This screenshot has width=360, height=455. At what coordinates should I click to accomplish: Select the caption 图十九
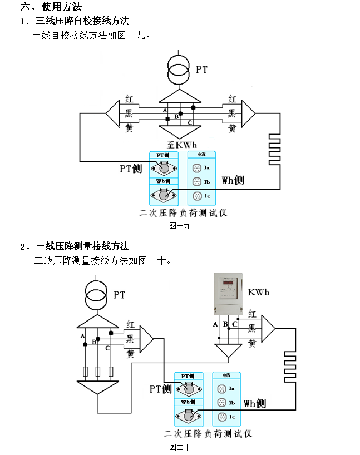tap(179, 226)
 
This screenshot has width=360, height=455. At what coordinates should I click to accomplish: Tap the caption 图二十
tap(180, 447)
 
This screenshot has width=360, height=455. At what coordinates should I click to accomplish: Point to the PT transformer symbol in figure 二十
tap(98, 295)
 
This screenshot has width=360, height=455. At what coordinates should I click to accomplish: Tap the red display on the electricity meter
tap(228, 285)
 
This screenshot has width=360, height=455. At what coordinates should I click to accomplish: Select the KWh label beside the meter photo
tap(259, 292)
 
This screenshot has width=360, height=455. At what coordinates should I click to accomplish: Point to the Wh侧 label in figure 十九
tap(233, 180)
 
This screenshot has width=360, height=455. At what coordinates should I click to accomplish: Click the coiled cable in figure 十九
tap(274, 149)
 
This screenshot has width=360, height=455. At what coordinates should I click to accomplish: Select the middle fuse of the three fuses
tap(98, 372)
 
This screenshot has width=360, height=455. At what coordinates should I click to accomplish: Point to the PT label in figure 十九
tap(201, 70)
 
